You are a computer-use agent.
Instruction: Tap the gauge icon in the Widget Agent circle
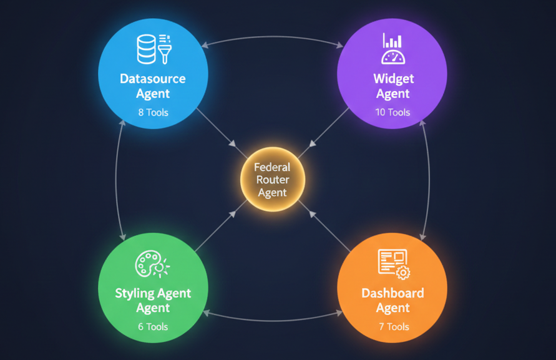point(393,57)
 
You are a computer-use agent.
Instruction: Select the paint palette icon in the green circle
point(149,265)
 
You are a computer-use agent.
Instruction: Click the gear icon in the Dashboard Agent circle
point(403,272)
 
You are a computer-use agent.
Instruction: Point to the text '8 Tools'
point(153,113)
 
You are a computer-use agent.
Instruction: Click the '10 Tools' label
point(393,112)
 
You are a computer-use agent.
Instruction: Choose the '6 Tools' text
point(153,326)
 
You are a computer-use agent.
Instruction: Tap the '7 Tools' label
point(393,326)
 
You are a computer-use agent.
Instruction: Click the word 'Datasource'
point(153,79)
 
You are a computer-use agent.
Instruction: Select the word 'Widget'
point(393,79)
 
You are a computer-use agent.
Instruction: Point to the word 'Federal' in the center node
point(273,167)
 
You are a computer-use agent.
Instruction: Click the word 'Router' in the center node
point(273,180)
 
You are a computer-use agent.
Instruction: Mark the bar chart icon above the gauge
point(393,41)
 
